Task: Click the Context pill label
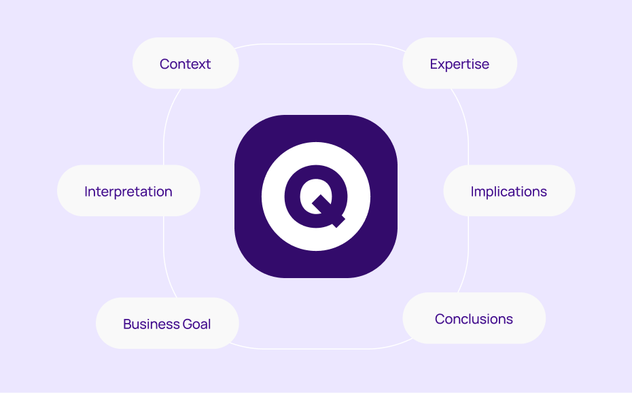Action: [x=185, y=64]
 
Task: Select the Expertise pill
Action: [x=459, y=64]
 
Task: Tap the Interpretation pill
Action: [x=128, y=192]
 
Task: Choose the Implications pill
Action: [x=508, y=192]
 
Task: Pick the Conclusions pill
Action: [x=474, y=319]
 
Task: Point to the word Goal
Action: [x=196, y=324]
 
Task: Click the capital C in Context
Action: [x=164, y=64]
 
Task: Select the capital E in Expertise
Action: [x=434, y=64]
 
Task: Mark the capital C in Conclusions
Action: [x=440, y=319]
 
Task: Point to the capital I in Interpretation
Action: [x=86, y=192]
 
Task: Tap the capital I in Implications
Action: [x=472, y=192]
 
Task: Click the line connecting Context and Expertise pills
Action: [x=319, y=44]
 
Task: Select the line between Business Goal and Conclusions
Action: [x=319, y=349]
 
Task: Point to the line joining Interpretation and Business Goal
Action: [x=164, y=255]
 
